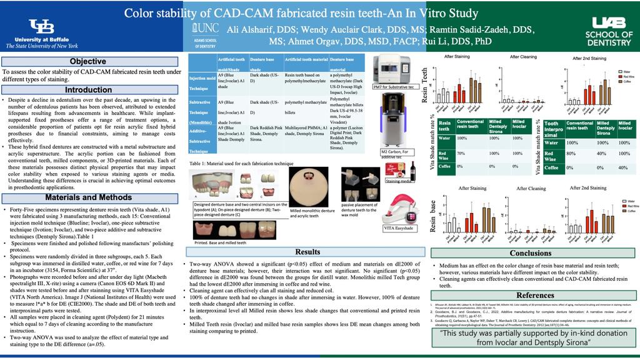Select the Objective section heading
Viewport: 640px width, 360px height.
[87, 61]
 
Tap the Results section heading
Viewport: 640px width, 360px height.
[307, 252]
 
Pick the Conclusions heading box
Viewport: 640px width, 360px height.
[530, 253]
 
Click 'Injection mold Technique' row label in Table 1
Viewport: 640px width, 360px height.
[201, 83]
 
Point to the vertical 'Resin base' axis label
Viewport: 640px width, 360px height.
[432, 216]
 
